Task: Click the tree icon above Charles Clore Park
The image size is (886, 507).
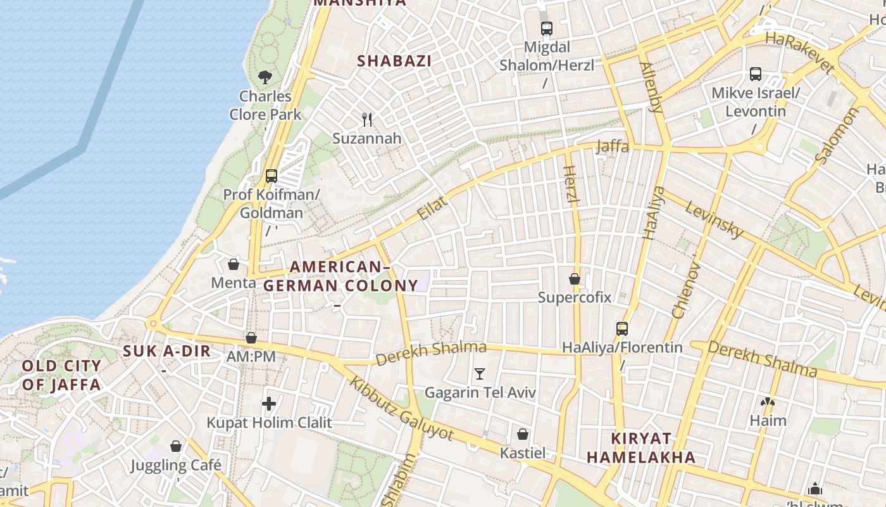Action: click(265, 77)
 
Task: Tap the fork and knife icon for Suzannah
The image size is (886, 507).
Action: click(367, 119)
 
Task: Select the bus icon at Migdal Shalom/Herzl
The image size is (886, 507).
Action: click(547, 29)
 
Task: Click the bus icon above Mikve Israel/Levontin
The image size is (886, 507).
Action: click(756, 74)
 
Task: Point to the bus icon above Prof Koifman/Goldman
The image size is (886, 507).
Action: click(271, 176)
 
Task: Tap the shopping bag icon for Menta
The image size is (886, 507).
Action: click(234, 264)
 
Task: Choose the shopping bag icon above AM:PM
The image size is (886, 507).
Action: click(251, 338)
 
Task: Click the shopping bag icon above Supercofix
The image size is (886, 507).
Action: click(575, 279)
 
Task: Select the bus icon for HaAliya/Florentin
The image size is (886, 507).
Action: click(622, 329)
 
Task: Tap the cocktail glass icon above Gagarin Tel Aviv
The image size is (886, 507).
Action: click(480, 374)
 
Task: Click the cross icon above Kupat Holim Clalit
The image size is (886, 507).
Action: click(269, 403)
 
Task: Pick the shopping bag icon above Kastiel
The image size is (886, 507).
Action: click(523, 434)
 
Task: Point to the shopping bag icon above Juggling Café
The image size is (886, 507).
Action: click(176, 446)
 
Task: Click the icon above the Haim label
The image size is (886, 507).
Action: click(768, 402)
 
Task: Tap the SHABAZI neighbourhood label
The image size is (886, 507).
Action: click(394, 61)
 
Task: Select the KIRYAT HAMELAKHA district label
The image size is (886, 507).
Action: click(640, 447)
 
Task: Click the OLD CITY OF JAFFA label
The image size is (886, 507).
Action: click(61, 375)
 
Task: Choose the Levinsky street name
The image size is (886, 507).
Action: click(714, 220)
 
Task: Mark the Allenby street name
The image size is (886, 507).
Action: click(651, 87)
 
